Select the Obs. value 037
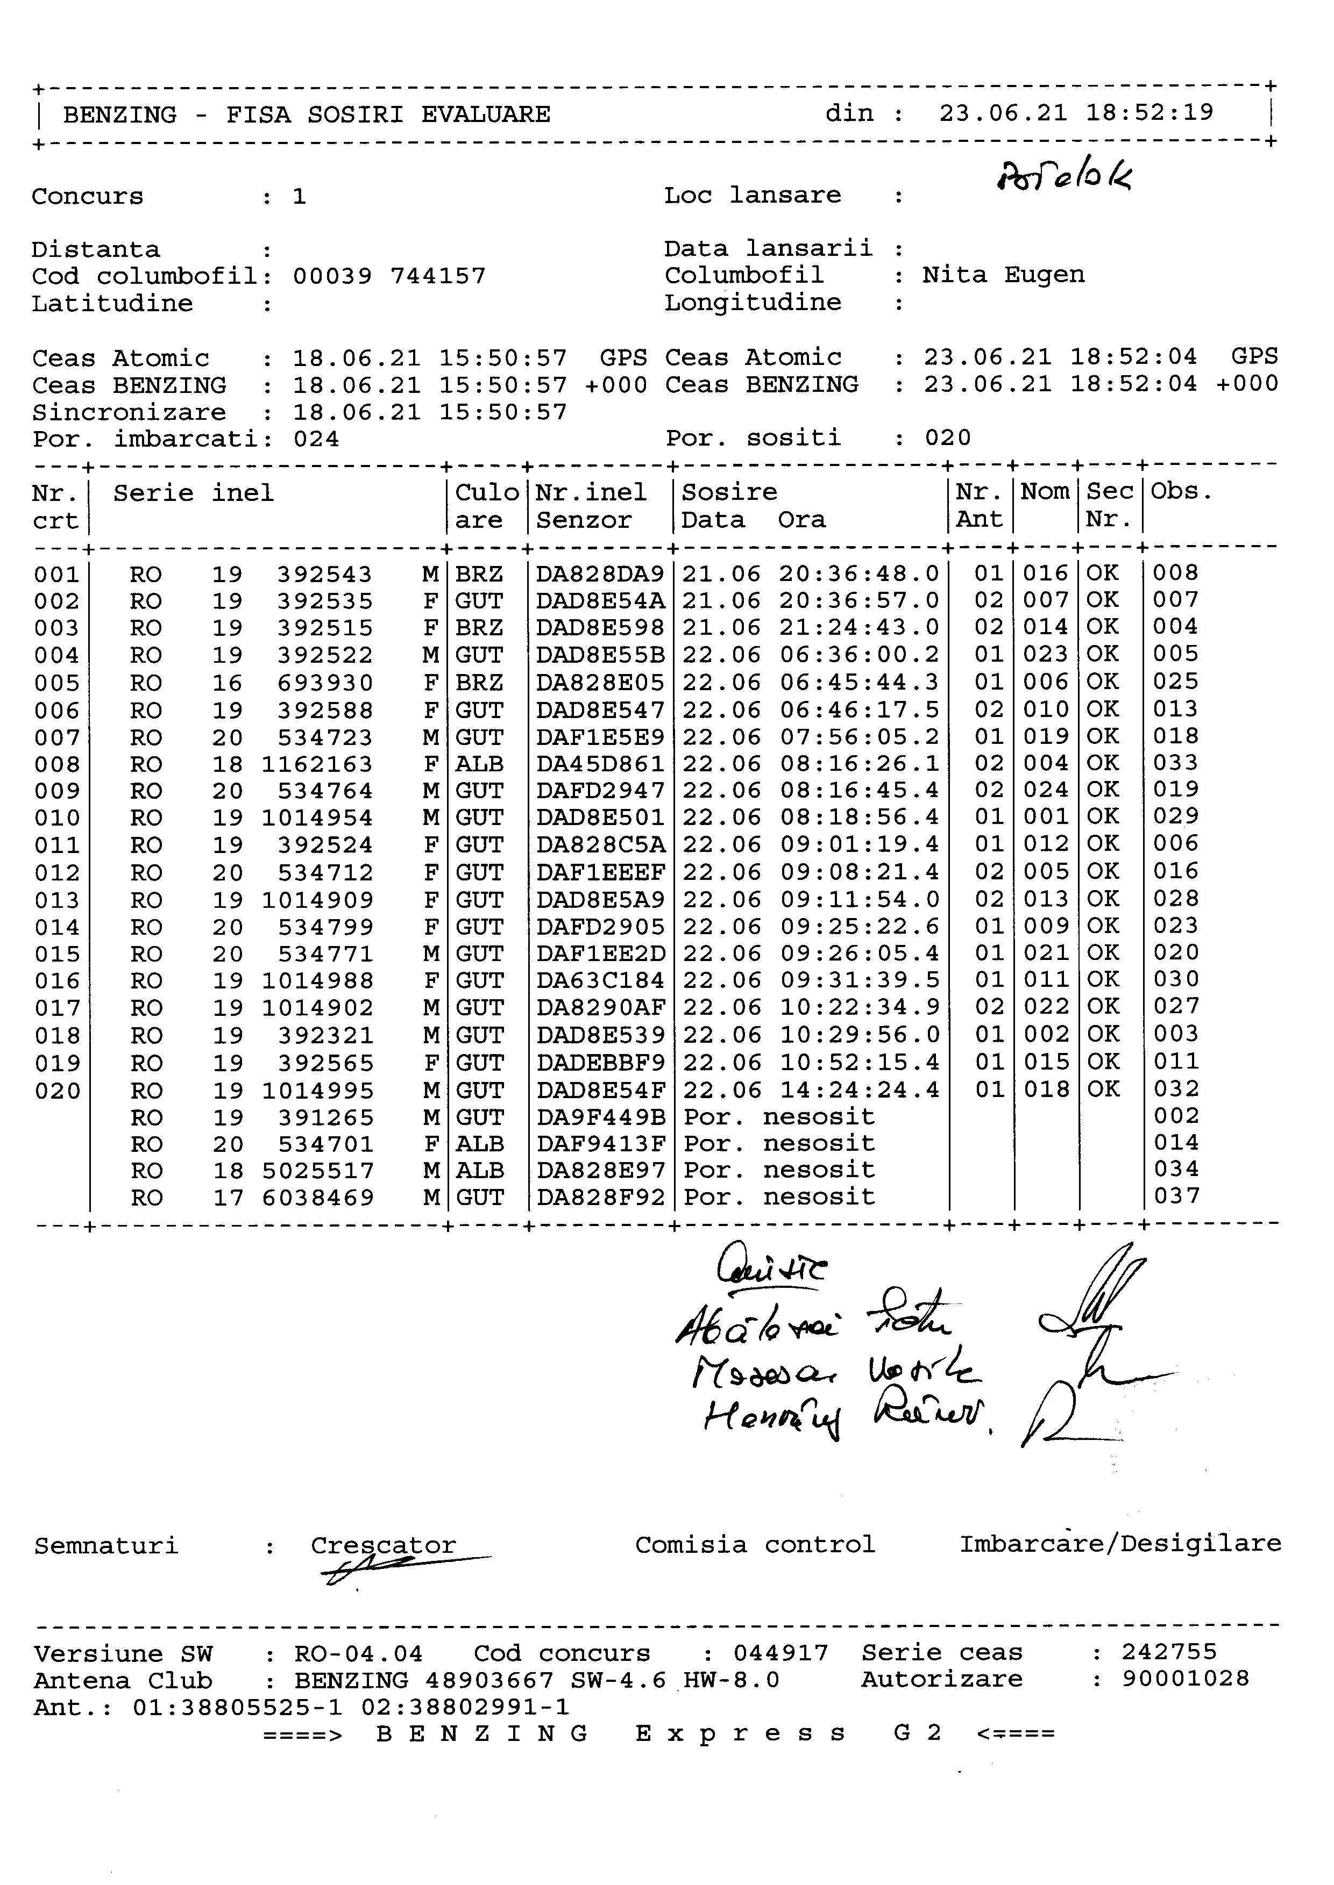coord(1177,1195)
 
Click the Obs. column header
coord(1181,492)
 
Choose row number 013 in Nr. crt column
coord(56,900)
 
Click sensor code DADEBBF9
coord(600,1063)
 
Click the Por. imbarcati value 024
coord(316,439)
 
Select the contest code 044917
coord(780,1653)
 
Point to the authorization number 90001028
coord(1186,1679)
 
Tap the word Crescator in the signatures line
coord(383,1545)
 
